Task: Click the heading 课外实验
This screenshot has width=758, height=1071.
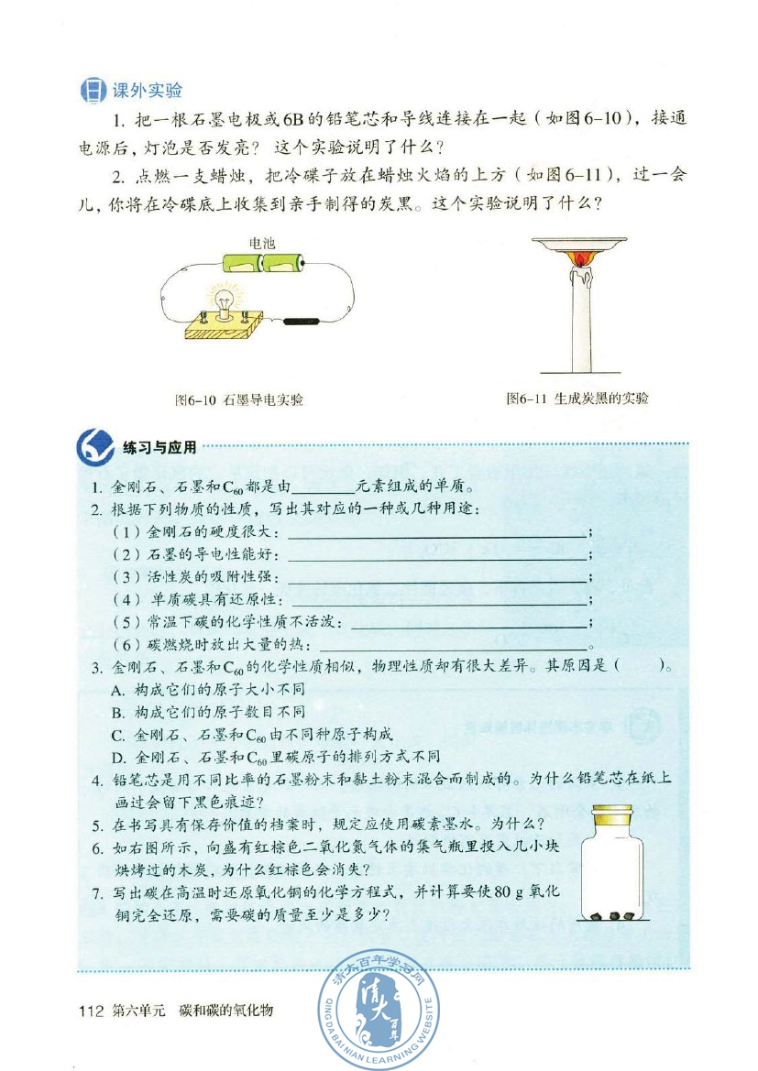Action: click(147, 90)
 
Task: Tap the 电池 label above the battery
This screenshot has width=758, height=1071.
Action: click(263, 244)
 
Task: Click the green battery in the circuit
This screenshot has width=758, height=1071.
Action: click(262, 265)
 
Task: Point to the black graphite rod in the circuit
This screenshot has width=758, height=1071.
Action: click(300, 322)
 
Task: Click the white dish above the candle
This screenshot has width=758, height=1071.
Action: click(579, 245)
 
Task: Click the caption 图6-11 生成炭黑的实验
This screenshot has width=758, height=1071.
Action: click(577, 399)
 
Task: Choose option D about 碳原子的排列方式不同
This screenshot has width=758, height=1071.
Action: click(275, 757)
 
